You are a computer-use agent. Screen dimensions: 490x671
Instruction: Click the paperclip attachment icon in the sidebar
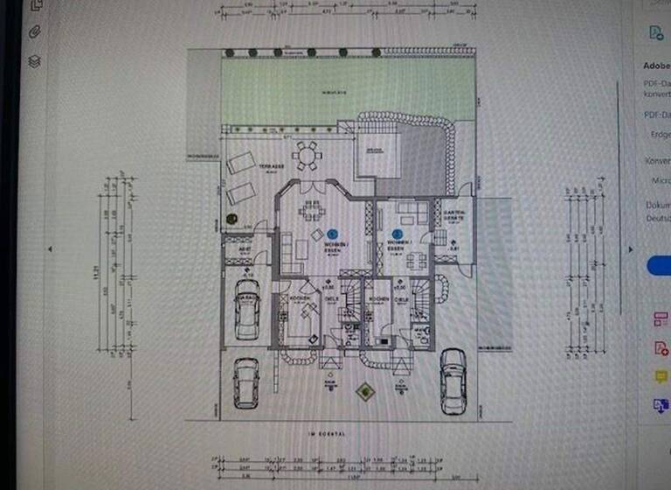click(35, 32)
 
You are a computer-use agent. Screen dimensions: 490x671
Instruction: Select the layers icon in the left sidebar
click(35, 62)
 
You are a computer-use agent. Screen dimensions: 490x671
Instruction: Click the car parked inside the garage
click(247, 314)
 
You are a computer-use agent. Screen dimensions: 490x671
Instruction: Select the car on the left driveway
click(246, 381)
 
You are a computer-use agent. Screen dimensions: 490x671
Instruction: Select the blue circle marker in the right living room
click(398, 234)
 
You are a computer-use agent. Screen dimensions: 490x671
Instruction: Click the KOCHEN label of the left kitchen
click(301, 298)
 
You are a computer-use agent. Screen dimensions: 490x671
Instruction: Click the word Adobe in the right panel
click(655, 66)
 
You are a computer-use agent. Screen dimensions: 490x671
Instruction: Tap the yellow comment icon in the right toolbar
click(661, 376)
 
